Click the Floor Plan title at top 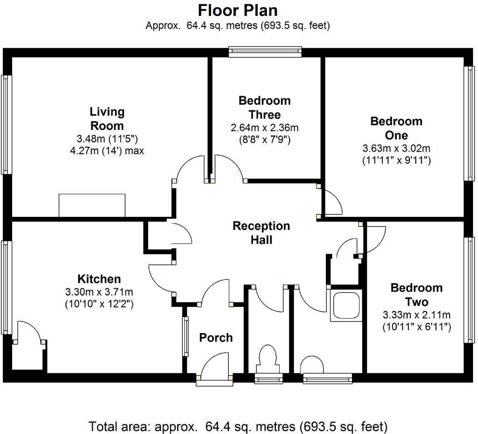pos(238,10)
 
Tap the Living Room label pos(107,119)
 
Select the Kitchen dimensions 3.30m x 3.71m pos(99,292)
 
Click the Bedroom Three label pos(264,107)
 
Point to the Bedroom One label pos(396,128)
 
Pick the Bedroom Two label pos(416,295)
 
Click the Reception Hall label pos(261,233)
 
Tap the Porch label pos(216,337)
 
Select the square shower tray pos(346,305)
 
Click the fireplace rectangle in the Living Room pos(92,205)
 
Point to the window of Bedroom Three pos(265,51)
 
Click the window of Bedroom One pos(469,123)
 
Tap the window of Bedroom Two pos(469,290)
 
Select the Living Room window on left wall pos(5,124)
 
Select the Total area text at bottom pos(238,426)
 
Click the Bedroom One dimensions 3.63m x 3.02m pos(396,149)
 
